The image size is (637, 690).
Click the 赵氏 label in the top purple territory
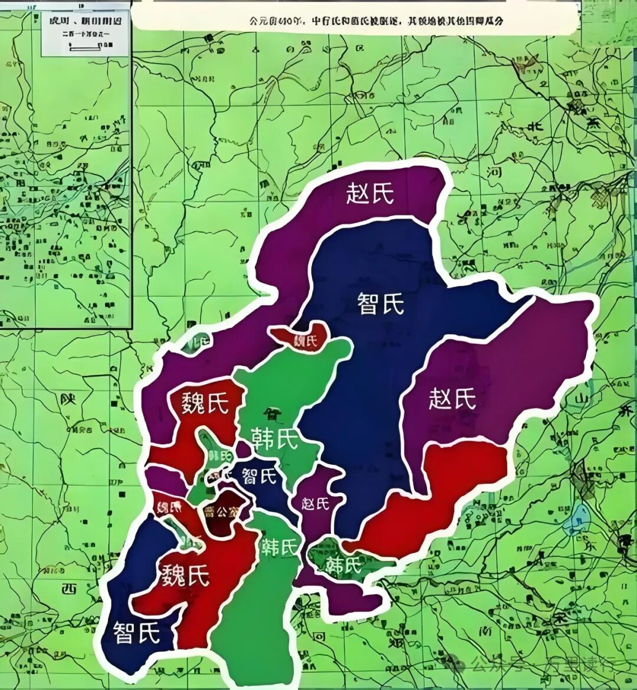(x=370, y=193)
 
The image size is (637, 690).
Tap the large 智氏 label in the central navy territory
(x=381, y=303)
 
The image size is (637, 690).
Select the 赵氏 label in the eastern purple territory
(x=452, y=399)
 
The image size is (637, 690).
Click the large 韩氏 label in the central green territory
(x=274, y=438)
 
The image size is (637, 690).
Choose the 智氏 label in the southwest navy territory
(x=137, y=633)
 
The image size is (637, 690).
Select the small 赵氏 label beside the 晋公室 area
(x=315, y=503)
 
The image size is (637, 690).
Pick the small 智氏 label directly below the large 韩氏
(x=260, y=475)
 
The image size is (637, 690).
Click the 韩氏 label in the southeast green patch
(x=344, y=564)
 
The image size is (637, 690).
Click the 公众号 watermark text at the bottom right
(x=499, y=665)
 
